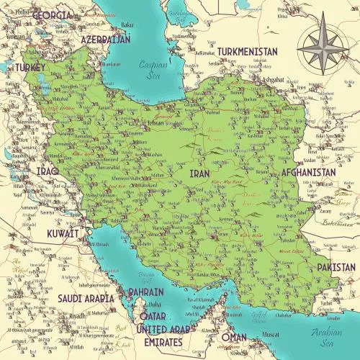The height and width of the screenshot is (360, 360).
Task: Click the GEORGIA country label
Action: pos(53,15)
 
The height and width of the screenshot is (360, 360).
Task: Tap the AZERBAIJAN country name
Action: pos(106,39)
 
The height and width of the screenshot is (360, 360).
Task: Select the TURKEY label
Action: pos(28,67)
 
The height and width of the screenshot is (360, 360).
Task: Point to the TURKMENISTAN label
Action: pos(247,52)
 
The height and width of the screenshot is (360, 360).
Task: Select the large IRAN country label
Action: pos(199,174)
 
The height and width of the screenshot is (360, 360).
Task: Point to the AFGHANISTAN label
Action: pos(309,174)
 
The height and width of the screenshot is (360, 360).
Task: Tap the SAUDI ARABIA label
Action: pos(85,298)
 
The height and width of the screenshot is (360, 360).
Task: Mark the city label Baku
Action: pos(127,24)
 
